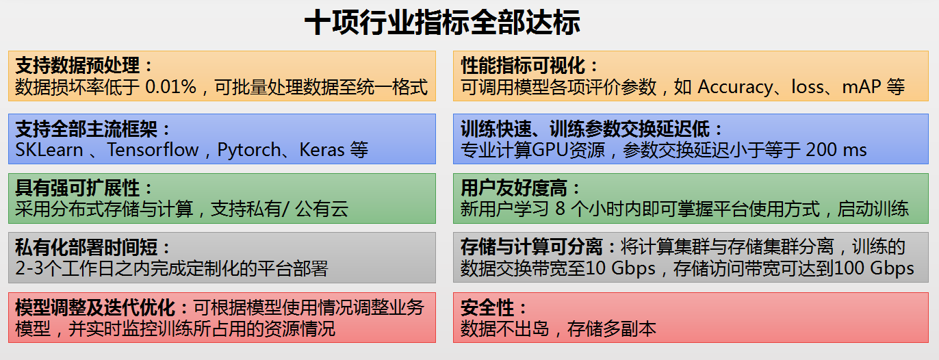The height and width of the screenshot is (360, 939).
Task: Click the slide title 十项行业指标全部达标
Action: pos(443,22)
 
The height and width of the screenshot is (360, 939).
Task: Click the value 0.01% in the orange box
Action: pos(170,87)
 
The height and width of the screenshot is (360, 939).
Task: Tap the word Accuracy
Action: pos(735,87)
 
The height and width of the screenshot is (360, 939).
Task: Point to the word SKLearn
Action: pos(49,150)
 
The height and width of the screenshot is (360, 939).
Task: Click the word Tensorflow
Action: pos(153,150)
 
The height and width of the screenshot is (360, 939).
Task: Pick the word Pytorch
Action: pos(249,150)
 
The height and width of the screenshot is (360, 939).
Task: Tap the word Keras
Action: pos(322,150)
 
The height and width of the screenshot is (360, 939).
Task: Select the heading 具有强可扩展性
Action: pos(77,188)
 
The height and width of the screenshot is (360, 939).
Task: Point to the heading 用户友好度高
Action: pos(514,188)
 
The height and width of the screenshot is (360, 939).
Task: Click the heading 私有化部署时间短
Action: pos(86,247)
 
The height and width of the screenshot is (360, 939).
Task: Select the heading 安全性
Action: pos(487,307)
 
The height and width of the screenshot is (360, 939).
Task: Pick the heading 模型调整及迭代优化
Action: pos(95,307)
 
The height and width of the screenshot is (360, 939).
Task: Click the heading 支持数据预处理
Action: pos(77,66)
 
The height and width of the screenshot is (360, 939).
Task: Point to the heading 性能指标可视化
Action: pos(523,66)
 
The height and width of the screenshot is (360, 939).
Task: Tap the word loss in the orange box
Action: pos(808,87)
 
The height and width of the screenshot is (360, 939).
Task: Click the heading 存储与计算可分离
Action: pos(532,247)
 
